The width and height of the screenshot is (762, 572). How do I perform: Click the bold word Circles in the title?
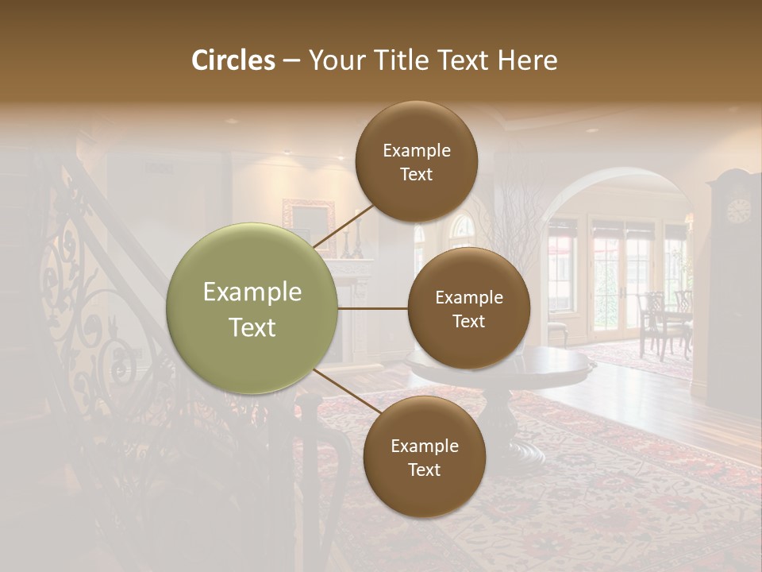coord(233,60)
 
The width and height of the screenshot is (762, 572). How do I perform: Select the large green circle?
coord(252,308)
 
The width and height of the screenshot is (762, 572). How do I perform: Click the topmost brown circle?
coord(416,161)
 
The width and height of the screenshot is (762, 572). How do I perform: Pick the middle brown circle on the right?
coord(468,308)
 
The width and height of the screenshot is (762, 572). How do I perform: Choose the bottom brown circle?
coord(424,457)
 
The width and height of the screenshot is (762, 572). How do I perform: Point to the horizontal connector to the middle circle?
coord(372,308)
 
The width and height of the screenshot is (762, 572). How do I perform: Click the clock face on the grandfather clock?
coord(738,211)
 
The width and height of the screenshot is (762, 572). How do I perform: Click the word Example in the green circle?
coord(252,292)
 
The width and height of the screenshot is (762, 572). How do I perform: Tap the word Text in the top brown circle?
coord(416,174)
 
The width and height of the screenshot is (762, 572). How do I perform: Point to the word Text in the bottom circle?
coord(424,470)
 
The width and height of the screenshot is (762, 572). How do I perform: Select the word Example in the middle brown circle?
coord(468,297)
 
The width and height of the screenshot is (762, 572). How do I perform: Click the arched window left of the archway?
coord(461,230)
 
